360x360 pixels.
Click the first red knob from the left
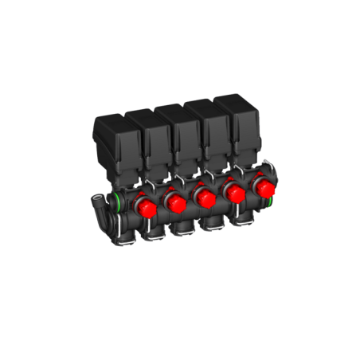tap(145, 208)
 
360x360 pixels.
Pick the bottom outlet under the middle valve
tap(209, 226)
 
